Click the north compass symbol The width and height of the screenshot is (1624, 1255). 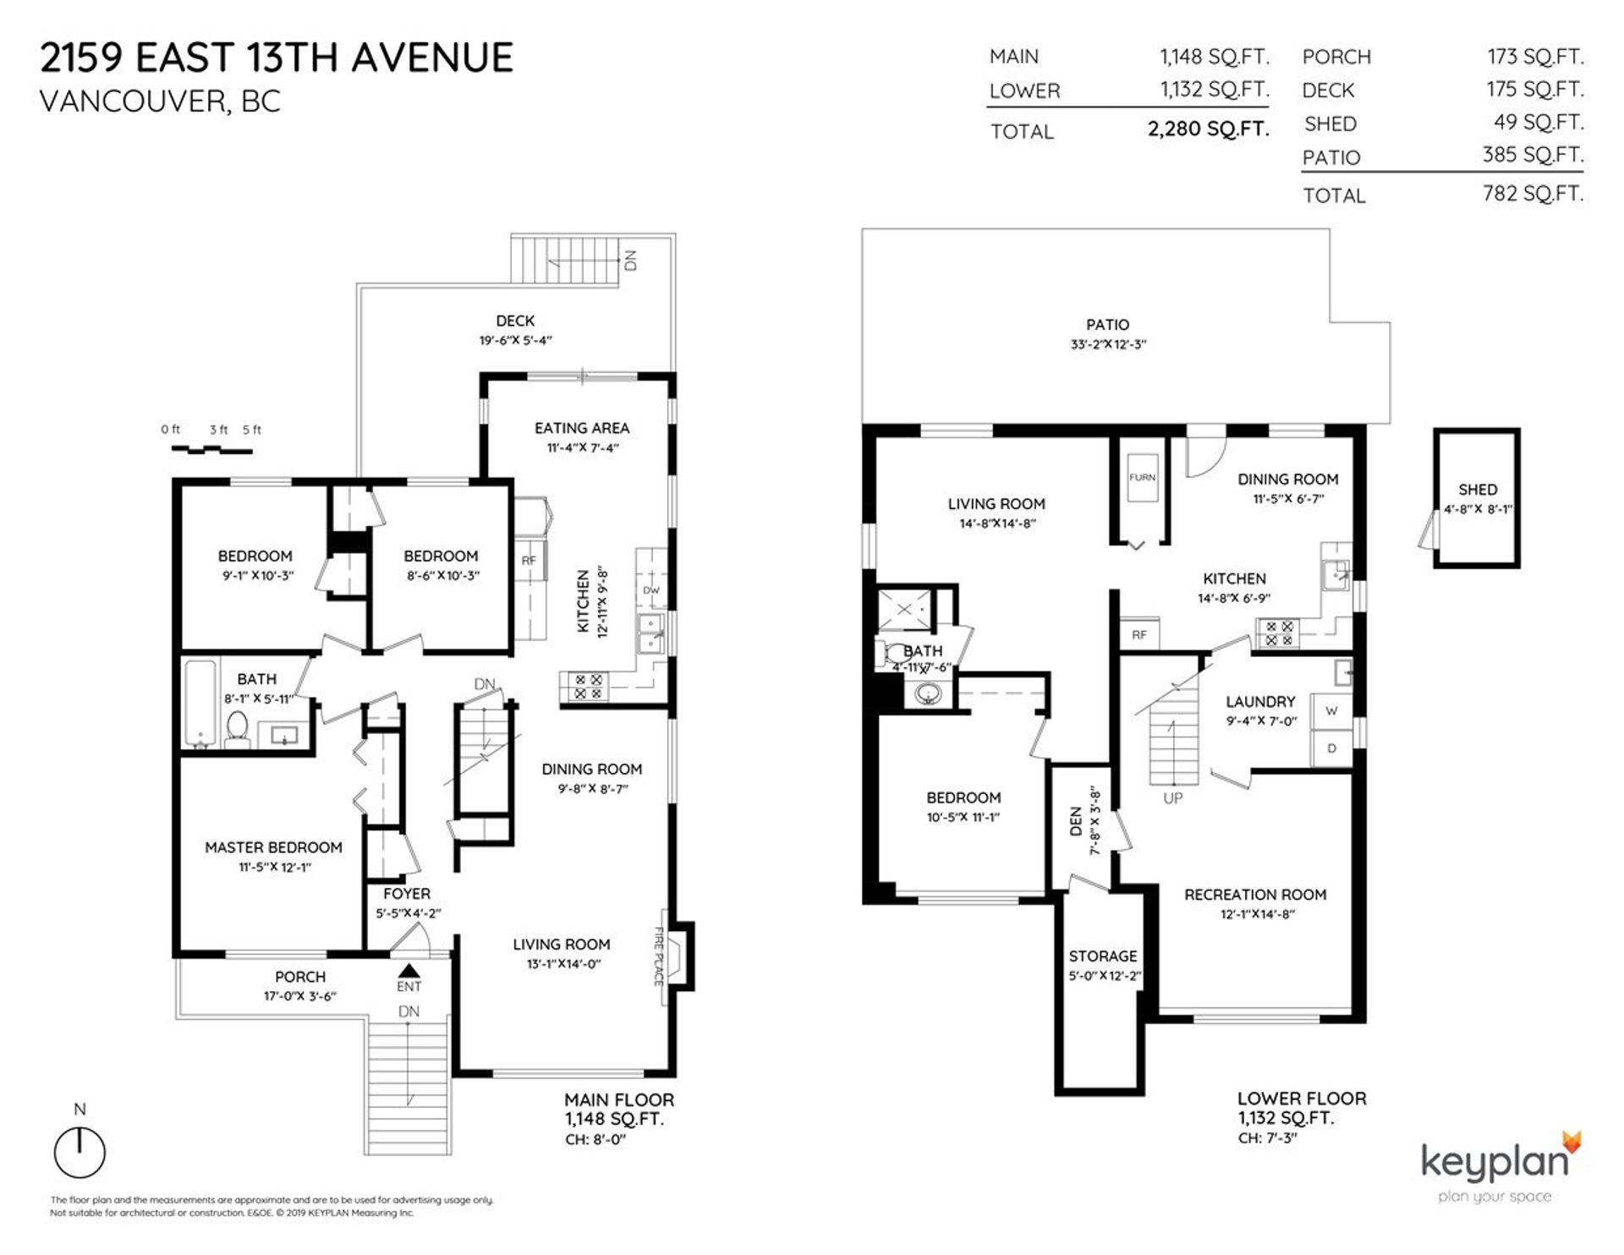(x=80, y=1152)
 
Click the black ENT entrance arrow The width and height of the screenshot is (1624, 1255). (x=409, y=971)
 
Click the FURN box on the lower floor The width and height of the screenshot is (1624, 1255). (x=1142, y=479)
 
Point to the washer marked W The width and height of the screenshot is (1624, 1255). (x=1331, y=711)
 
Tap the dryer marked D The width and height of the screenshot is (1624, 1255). (x=1331, y=748)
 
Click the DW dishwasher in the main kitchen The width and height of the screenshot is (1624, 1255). (x=650, y=590)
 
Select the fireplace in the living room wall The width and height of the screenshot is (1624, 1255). (x=679, y=956)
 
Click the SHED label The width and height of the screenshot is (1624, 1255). (x=1477, y=490)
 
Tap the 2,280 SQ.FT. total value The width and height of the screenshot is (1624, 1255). (x=1208, y=130)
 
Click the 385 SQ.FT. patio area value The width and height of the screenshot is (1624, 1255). (x=1533, y=155)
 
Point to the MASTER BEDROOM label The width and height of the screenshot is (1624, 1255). (x=273, y=847)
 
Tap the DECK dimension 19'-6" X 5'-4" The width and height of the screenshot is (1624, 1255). (x=515, y=341)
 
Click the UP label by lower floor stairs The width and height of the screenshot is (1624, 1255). (x=1172, y=797)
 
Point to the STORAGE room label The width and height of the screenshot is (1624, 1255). (x=1102, y=956)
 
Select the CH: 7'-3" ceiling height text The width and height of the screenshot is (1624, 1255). (x=1267, y=1138)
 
